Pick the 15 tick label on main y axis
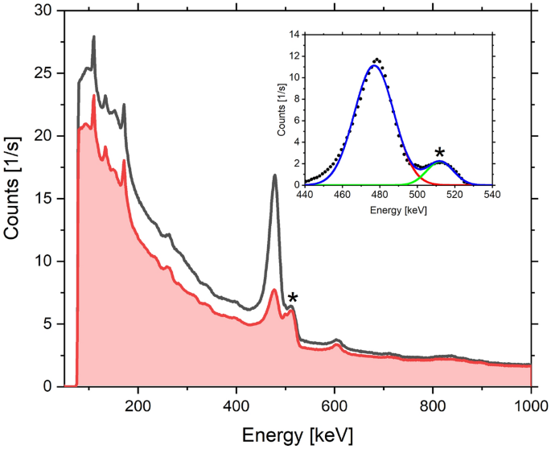tap(39, 199)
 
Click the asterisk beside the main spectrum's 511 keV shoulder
tap(293, 299)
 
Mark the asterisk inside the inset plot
tap(439, 153)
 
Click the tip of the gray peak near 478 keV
tap(275, 175)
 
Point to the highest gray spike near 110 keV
tap(94, 37)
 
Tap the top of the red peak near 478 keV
tap(274, 290)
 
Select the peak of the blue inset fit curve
tap(374, 66)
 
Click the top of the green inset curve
tap(438, 162)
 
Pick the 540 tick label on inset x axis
tap(491, 195)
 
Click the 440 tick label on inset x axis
tap(305, 195)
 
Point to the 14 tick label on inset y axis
tap(294, 35)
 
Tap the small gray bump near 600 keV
tap(337, 340)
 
